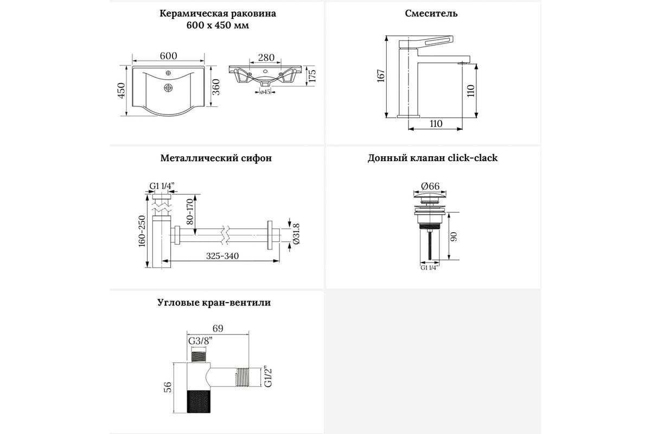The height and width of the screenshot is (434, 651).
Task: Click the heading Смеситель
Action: tap(431, 14)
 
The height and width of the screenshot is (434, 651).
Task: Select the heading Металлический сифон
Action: tap(216, 158)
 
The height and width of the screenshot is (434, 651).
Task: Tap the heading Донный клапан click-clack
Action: tap(432, 158)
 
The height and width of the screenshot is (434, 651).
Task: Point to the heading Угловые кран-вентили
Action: tap(216, 303)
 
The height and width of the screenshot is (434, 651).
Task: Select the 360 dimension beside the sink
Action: tap(215, 87)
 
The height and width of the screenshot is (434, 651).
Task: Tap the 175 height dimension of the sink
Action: tap(312, 75)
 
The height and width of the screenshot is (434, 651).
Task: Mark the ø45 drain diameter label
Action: tap(265, 92)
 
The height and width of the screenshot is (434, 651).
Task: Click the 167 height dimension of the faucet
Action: tap(380, 76)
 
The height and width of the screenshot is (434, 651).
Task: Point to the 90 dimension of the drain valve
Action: tap(455, 237)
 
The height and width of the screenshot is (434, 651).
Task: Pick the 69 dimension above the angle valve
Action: tap(217, 328)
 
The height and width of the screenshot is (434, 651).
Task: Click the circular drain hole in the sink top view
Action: tap(168, 87)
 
